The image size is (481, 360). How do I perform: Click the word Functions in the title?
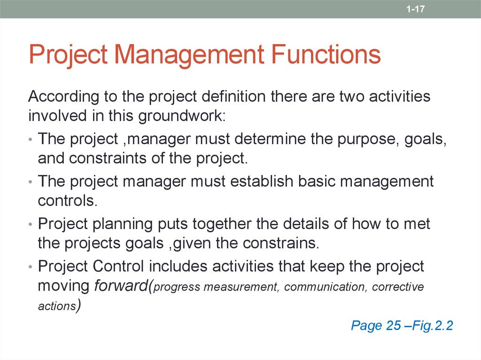click(326, 54)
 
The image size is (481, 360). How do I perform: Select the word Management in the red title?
click(189, 54)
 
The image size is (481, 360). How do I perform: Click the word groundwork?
click(181, 115)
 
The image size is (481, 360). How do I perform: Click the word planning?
click(122, 224)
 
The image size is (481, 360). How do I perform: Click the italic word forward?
click(121, 286)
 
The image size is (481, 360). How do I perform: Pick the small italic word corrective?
click(398, 287)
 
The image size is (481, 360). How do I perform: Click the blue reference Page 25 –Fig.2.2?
click(402, 325)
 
